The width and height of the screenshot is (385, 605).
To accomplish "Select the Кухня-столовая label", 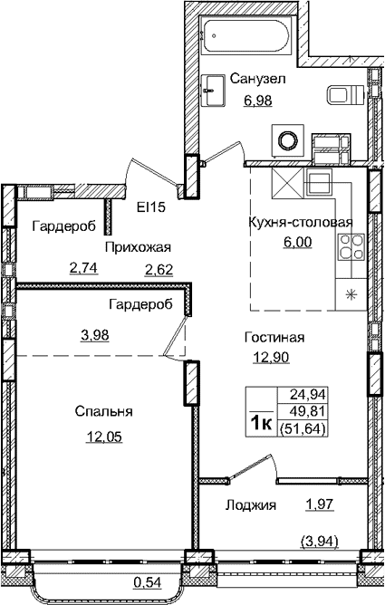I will pos(299,223).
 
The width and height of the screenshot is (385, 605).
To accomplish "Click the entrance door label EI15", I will pos(150,207).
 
